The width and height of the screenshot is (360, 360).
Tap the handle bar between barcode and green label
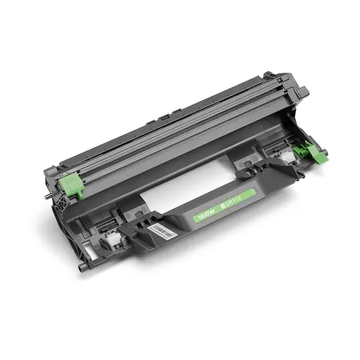tap(184, 220)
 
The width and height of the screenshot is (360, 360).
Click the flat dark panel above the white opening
tap(187, 166)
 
